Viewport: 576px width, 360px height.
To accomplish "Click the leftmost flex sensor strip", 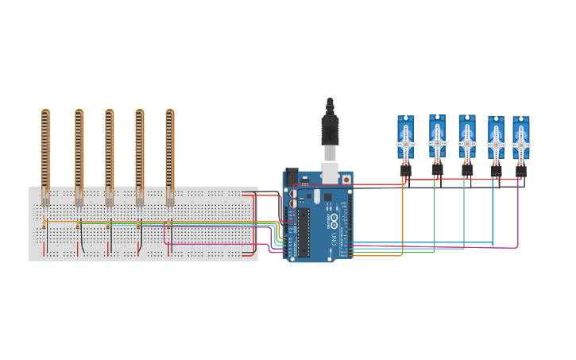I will point(45,151).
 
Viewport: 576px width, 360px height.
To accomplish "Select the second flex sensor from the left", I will point(79,151).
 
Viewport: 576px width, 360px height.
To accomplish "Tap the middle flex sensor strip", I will point(109,151).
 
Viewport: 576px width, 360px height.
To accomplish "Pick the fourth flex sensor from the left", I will point(139,151).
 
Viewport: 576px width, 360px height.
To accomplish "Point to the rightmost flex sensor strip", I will point(169,151).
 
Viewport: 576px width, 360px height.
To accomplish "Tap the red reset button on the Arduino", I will point(346,180).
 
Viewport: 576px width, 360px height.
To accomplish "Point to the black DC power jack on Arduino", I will point(292,176).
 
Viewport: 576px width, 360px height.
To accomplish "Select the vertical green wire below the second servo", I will point(434,215).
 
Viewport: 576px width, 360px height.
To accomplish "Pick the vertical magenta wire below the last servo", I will point(518,215).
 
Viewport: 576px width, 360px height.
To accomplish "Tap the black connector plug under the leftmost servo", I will point(405,169).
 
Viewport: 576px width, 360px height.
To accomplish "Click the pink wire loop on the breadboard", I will point(165,233).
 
